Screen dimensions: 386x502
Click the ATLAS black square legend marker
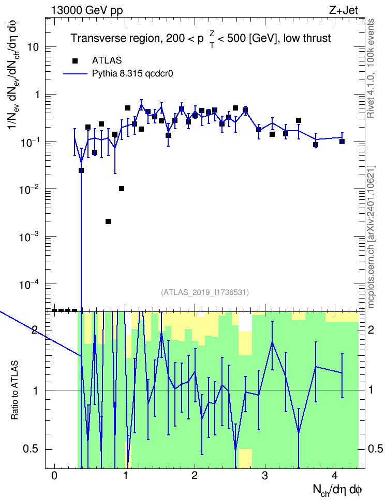(x=75, y=61)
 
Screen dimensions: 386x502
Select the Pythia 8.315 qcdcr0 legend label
(x=132, y=74)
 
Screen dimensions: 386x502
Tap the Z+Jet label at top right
(x=344, y=10)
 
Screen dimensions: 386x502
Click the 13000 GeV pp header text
(x=87, y=10)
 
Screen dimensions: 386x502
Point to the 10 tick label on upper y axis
(x=33, y=48)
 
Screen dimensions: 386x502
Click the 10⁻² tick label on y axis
(x=28, y=189)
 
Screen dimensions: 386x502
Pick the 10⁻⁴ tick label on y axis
(x=28, y=284)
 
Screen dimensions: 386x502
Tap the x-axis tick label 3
(x=265, y=476)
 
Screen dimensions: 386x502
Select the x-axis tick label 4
(x=335, y=476)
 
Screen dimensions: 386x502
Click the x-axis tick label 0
(x=54, y=476)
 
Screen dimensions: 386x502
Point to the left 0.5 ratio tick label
(x=31, y=449)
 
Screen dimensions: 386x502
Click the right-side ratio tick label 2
(x=371, y=330)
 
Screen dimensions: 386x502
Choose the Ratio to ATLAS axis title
(x=14, y=390)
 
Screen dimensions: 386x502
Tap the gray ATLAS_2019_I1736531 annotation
(x=205, y=292)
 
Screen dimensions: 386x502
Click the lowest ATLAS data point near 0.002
(x=108, y=222)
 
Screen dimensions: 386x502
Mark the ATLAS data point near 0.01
(x=121, y=189)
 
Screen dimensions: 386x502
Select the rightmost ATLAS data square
(x=342, y=142)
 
